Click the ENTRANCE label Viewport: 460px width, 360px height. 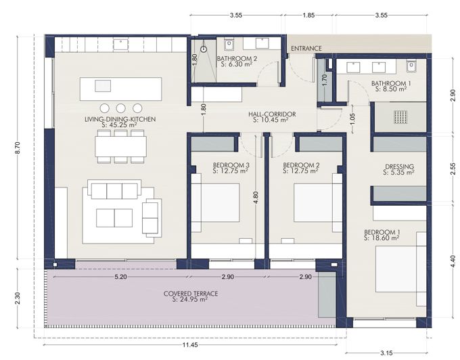(x=306, y=48)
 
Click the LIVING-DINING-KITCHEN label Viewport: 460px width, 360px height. (x=120, y=119)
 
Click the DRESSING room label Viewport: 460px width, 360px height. (x=398, y=166)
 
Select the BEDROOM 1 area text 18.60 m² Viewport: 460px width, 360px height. (x=383, y=238)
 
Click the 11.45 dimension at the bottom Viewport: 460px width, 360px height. (x=191, y=345)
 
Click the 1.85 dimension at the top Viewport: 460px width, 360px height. (x=308, y=14)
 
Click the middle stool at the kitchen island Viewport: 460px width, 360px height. (x=121, y=108)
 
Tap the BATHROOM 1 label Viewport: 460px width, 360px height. (x=388, y=83)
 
